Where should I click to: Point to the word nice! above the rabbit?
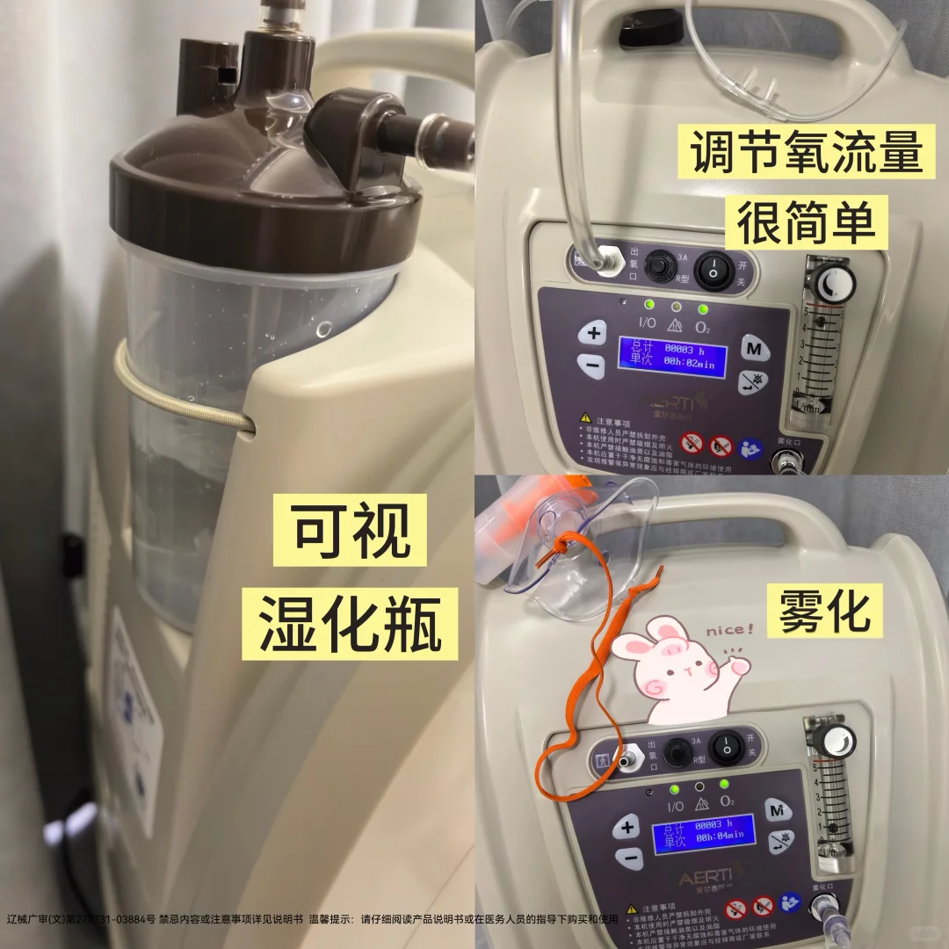coord(729,629)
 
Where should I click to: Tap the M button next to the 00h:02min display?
coord(753,348)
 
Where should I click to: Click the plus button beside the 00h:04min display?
coord(627,827)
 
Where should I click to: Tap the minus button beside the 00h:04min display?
coord(627,858)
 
